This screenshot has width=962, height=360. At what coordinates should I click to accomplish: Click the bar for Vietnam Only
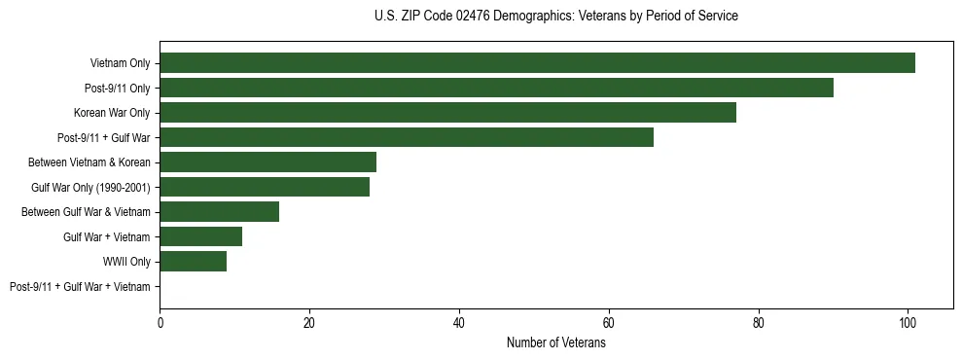pyautogui.click(x=537, y=63)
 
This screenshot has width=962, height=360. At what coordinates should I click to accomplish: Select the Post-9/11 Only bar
pyautogui.click(x=496, y=88)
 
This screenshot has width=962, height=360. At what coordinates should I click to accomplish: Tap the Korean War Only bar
pyautogui.click(x=447, y=113)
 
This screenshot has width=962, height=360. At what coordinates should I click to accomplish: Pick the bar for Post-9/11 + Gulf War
pyautogui.click(x=407, y=137)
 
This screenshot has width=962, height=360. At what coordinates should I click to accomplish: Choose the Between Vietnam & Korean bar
pyautogui.click(x=268, y=162)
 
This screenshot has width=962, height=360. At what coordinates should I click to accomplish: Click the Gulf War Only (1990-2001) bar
pyautogui.click(x=265, y=187)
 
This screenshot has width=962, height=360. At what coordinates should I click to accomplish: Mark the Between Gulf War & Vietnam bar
pyautogui.click(x=220, y=212)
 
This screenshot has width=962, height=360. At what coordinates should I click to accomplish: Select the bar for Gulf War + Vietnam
pyautogui.click(x=201, y=236)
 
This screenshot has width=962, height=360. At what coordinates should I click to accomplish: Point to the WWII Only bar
pyautogui.click(x=194, y=262)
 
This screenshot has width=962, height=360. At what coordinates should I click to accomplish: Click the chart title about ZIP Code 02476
pyautogui.click(x=555, y=17)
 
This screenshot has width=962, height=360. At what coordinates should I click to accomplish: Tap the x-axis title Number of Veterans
pyautogui.click(x=555, y=343)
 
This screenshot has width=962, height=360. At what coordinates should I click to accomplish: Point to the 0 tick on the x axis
pyautogui.click(x=160, y=321)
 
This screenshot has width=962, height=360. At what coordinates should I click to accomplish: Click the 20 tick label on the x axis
pyautogui.click(x=309, y=321)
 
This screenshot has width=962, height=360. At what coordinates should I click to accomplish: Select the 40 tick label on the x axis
pyautogui.click(x=459, y=321)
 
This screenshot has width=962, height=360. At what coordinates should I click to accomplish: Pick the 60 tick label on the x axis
pyautogui.click(x=609, y=321)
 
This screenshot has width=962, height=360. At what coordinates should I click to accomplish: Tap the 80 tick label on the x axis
pyautogui.click(x=759, y=321)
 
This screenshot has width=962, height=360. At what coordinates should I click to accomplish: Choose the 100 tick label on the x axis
pyautogui.click(x=908, y=321)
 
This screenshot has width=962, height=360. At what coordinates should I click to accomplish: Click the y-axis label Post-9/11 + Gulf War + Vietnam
pyautogui.click(x=80, y=287)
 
